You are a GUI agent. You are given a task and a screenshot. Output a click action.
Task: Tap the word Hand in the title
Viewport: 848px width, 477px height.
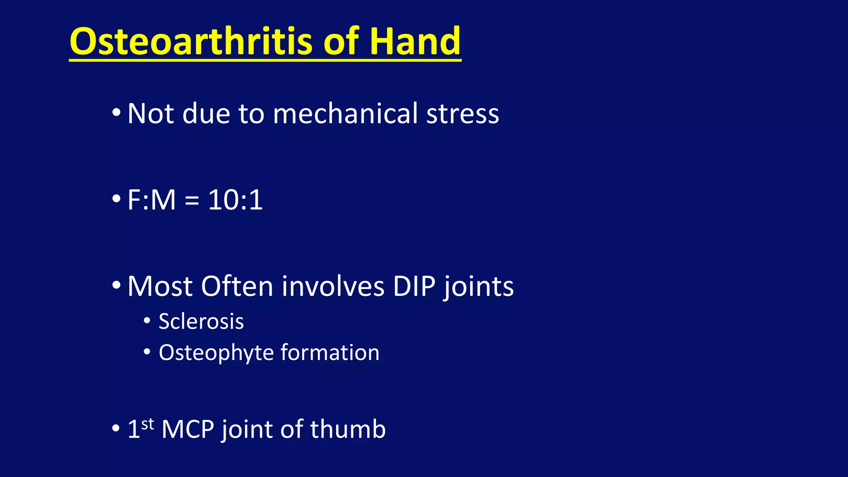tap(414, 41)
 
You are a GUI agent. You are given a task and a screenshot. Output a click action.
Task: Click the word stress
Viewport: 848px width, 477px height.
tap(463, 114)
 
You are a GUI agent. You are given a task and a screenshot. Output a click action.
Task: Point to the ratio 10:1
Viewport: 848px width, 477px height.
tap(235, 200)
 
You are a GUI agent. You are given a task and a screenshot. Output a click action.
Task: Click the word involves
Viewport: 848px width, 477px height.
tap(333, 286)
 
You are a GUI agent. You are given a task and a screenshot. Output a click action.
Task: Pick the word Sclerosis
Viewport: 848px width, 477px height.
tap(201, 322)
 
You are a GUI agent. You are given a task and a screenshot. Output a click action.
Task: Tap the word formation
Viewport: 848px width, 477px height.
tap(330, 352)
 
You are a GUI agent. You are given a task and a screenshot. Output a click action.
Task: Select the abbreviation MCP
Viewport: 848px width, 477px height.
tap(188, 429)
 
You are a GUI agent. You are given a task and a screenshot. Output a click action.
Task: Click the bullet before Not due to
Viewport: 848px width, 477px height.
tap(116, 113)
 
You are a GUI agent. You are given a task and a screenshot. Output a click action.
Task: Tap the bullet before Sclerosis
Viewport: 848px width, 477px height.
tap(147, 321)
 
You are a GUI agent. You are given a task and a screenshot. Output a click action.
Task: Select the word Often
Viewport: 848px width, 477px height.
tap(237, 286)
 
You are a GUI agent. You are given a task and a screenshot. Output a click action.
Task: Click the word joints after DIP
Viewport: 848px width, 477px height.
tap(478, 287)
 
